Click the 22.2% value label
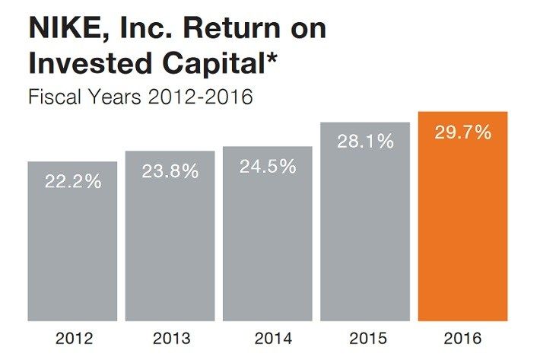pos(72,183)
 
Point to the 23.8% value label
pos(170,171)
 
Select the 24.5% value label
pos(267,167)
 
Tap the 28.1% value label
pos(365,141)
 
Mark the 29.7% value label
pos(462,132)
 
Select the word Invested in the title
pos(79,62)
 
